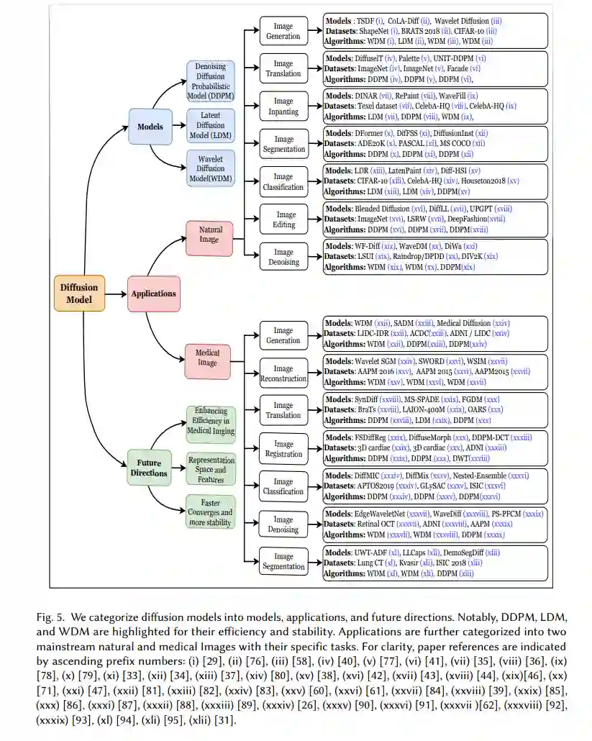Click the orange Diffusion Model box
click(79, 293)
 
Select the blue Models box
click(150, 127)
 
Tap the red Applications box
click(153, 294)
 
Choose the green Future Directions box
click(150, 468)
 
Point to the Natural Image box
click(209, 235)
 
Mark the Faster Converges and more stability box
click(210, 512)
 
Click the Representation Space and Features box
click(210, 469)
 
